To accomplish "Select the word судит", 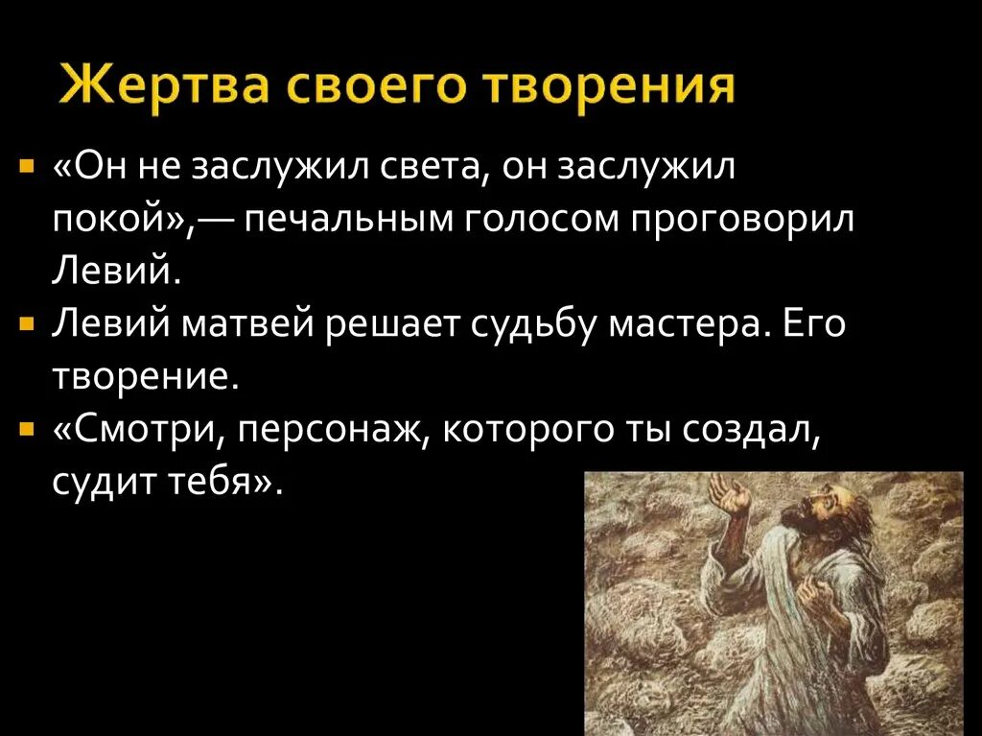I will [x=105, y=479].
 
